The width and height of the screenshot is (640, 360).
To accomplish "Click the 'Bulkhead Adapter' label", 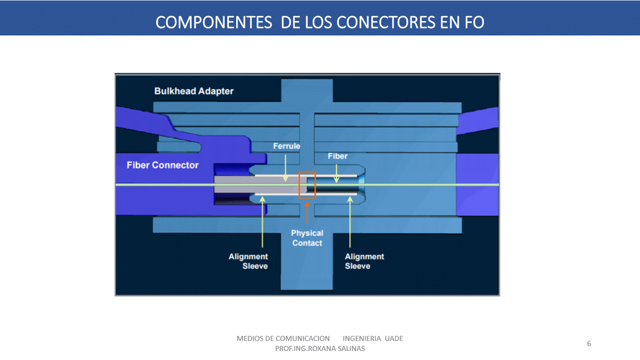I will [x=194, y=91].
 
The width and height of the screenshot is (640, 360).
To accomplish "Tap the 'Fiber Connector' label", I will [x=163, y=165].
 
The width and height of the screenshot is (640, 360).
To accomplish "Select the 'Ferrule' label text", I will [x=287, y=146].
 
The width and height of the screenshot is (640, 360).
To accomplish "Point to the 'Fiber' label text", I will [x=338, y=156].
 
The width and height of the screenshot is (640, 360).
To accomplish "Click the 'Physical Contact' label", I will [x=307, y=238].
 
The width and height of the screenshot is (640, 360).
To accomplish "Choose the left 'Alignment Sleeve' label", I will [x=248, y=261].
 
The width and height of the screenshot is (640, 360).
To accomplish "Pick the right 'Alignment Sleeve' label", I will [x=364, y=261].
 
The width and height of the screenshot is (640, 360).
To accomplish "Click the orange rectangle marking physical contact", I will [x=307, y=184].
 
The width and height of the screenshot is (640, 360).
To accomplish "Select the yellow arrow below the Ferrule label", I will [x=285, y=167].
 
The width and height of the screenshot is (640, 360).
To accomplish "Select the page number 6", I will [x=589, y=343].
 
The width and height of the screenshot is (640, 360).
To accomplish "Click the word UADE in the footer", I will [x=394, y=338].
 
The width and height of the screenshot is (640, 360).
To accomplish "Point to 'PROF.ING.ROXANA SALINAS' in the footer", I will [x=320, y=348].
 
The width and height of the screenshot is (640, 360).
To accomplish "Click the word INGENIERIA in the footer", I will [x=362, y=338].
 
